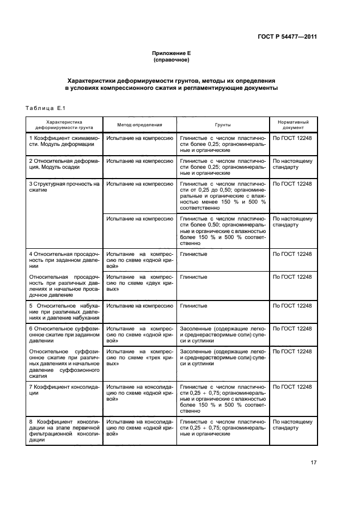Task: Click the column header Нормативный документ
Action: coord(294,125)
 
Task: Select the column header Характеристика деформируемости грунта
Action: coord(64,125)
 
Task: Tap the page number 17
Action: coord(313,463)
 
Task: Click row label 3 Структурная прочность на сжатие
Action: coord(64,187)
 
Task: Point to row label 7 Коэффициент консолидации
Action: coord(64,389)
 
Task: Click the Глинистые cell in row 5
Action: coord(193,306)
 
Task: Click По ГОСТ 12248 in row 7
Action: coord(292,386)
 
